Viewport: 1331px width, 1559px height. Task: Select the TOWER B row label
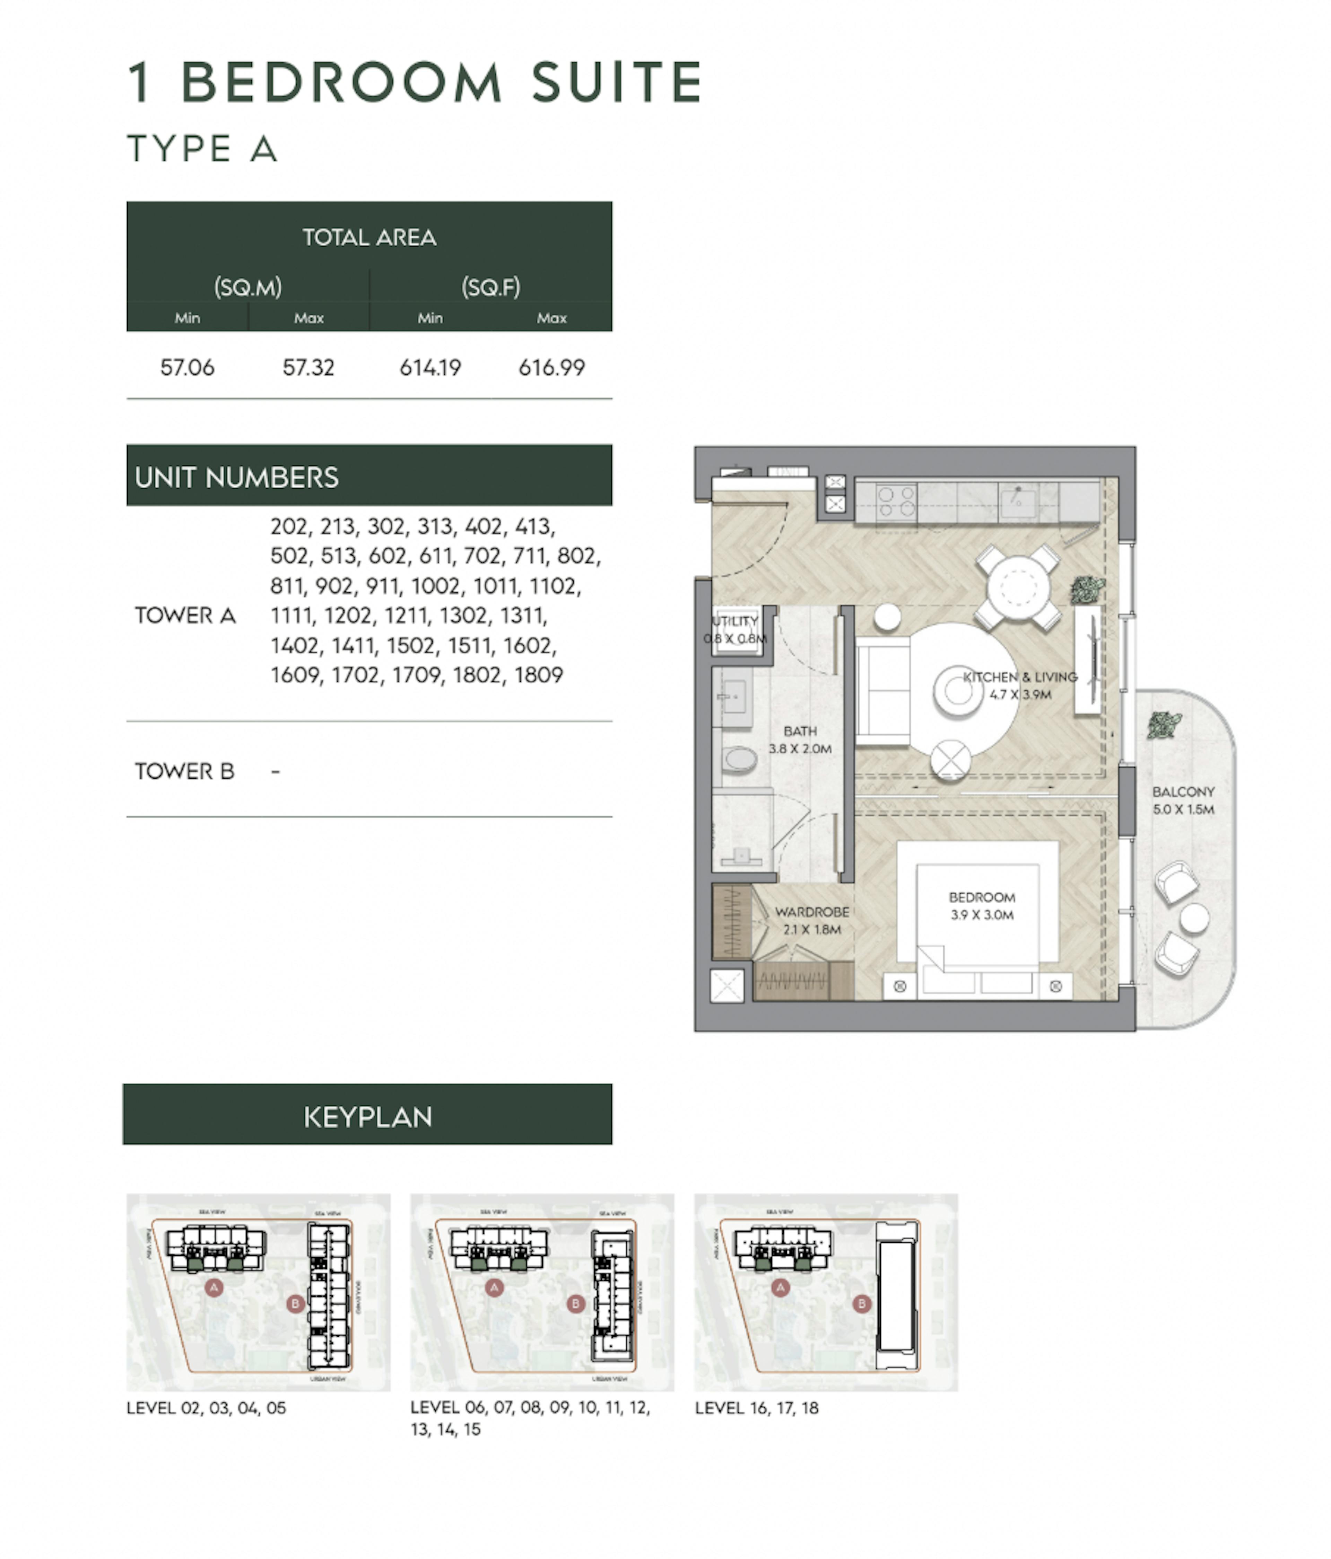184,771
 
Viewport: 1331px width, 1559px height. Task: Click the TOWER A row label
185,615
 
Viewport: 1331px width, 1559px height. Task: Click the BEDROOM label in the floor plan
982,898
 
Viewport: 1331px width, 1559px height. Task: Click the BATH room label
800,731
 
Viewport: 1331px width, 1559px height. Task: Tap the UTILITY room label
735,621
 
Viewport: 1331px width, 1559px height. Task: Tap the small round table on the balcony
1194,919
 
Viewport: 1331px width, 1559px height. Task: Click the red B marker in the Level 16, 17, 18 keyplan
861,1304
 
